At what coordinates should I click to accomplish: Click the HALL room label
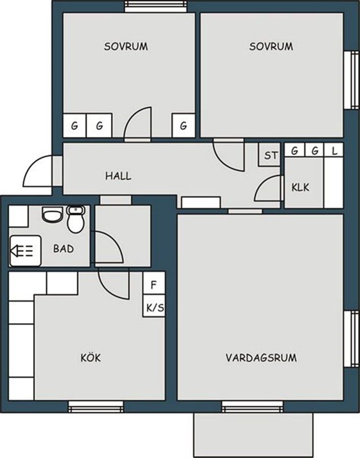pos(118,176)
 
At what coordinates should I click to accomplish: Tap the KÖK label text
pos(91,358)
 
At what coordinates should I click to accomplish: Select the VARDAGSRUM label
pos(261,358)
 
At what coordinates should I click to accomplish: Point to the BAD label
pos(64,248)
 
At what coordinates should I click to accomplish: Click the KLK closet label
pos(300,187)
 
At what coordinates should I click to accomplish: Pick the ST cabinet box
pos(269,155)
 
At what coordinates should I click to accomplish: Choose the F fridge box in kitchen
pos(154,283)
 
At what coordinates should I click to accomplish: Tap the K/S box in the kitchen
pos(154,306)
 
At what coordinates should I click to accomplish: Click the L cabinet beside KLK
pos(334,151)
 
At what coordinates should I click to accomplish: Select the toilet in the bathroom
pos(76,219)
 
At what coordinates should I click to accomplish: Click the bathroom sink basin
pos(52,214)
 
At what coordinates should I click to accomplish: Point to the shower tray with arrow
pos(25,250)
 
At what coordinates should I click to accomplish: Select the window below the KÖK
pos(96,407)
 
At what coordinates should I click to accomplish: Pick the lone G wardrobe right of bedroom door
pos(184,125)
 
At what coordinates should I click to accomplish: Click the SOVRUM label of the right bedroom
pos(271,46)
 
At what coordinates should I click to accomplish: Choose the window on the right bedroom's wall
pos(351,80)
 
